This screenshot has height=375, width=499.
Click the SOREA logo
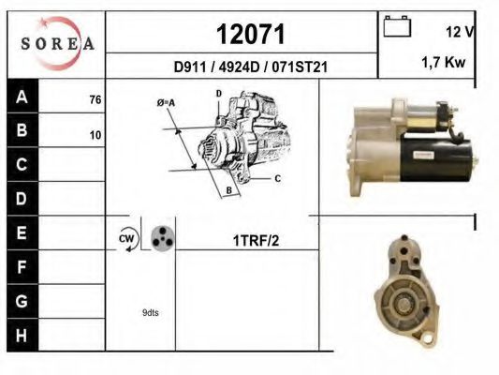tap(57, 43)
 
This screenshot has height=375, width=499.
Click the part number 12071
tap(251, 34)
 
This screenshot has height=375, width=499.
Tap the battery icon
tap(397, 26)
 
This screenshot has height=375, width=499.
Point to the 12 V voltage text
tap(460, 32)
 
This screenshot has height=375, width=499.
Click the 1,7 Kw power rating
tap(444, 62)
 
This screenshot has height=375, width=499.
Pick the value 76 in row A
tap(95, 99)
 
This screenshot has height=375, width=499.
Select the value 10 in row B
tap(95, 135)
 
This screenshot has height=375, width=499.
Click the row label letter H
tap(22, 336)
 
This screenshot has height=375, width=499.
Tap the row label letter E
tap(22, 232)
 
